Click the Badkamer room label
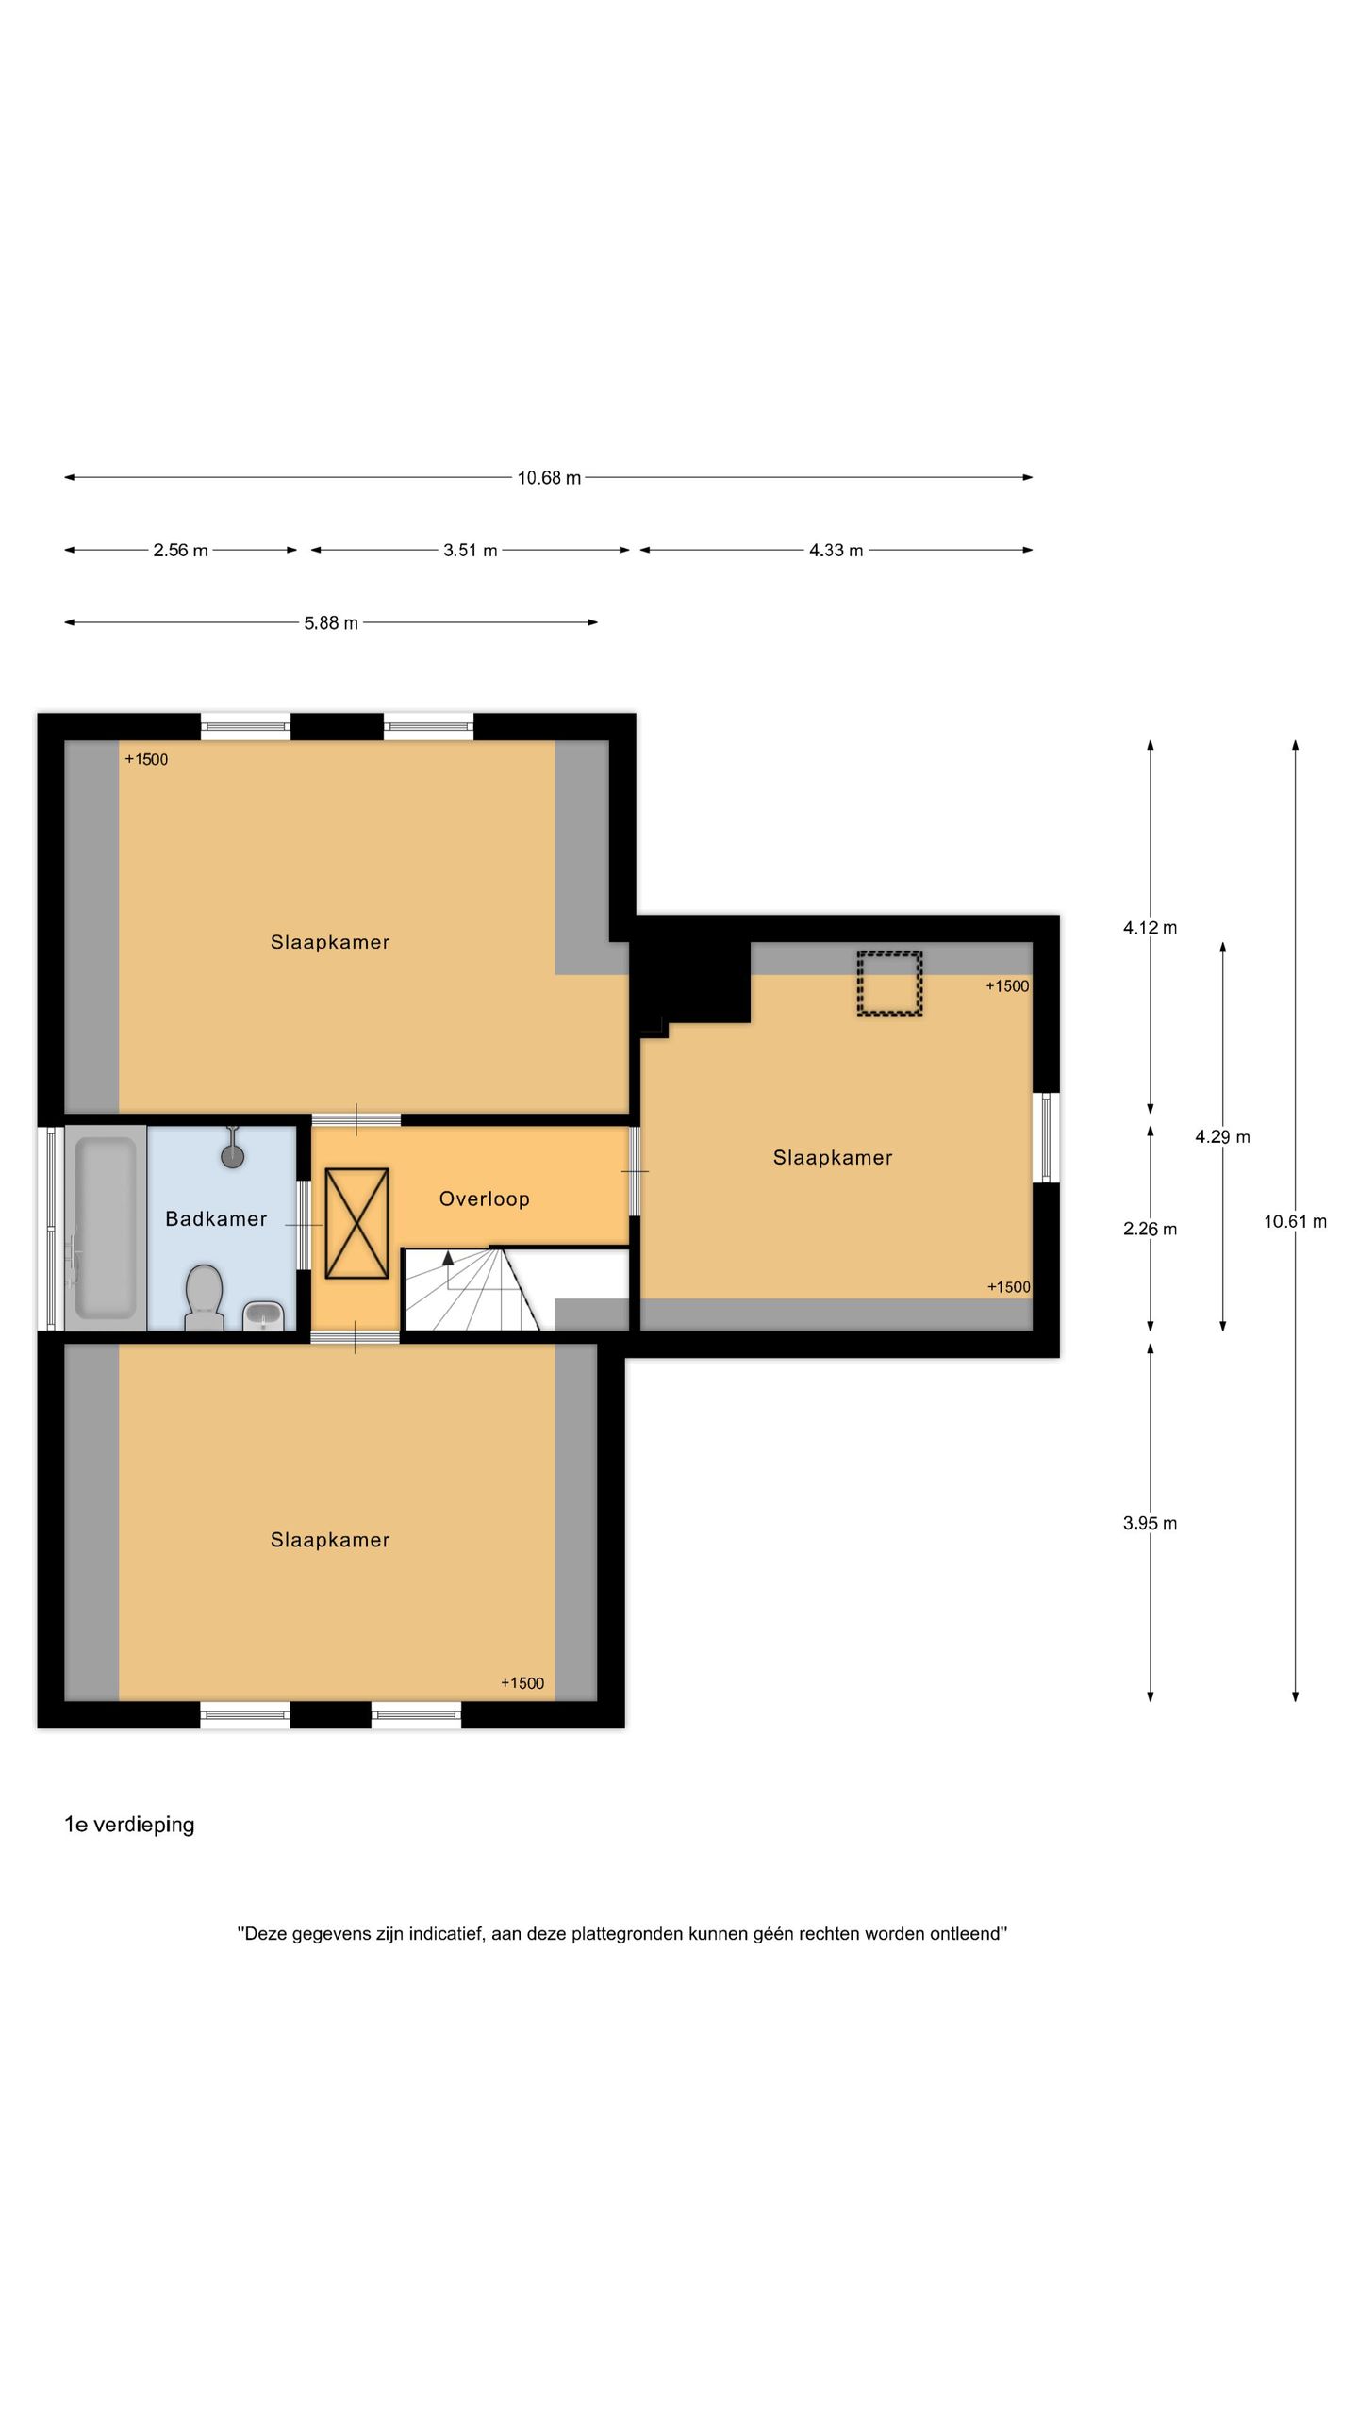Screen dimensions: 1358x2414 coord(216,1219)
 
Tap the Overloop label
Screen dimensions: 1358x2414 coord(485,1199)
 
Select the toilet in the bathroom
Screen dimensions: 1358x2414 coord(204,1298)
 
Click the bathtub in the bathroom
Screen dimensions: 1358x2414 coord(106,1228)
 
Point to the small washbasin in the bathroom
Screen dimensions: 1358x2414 coord(263,1315)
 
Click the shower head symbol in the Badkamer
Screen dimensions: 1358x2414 coord(232,1149)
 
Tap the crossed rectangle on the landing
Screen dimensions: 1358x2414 coord(357,1224)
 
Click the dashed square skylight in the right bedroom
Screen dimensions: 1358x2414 coord(889,984)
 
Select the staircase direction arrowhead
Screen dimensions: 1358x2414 coord(448,1258)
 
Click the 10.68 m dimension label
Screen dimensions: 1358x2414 coord(549,478)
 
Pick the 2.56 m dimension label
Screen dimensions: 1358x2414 coord(180,551)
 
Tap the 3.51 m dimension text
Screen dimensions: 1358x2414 coord(471,551)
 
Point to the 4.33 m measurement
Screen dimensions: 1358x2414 coord(836,551)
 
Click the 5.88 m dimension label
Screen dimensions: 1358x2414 coord(331,623)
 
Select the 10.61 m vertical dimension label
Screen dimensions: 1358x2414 coord(1295,1222)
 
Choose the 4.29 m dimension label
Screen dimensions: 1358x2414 coord(1222,1137)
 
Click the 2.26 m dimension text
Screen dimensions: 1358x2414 coord(1150,1230)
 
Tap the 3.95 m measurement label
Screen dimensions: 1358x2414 coord(1150,1524)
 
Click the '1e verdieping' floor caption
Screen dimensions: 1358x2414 coord(129,1826)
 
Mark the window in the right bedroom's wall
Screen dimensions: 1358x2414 coord(1046,1137)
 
